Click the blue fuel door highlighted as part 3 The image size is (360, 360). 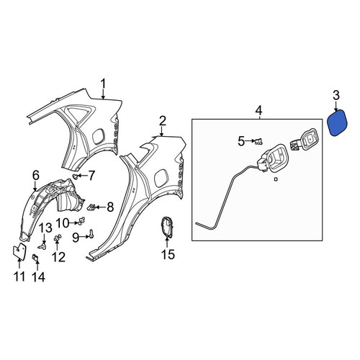[338, 123]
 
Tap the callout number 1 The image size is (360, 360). [103, 84]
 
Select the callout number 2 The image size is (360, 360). [163, 122]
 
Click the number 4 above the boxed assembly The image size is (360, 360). [258, 111]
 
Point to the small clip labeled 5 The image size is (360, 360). [258, 141]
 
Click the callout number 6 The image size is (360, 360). [35, 176]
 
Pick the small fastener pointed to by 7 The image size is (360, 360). [76, 177]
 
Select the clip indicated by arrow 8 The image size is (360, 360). [91, 207]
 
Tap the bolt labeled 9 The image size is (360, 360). [91, 233]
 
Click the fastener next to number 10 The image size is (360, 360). [81, 221]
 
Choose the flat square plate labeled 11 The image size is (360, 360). [19, 251]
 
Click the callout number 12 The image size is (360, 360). [58, 257]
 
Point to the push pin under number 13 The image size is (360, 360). [42, 246]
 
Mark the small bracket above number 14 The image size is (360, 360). [36, 258]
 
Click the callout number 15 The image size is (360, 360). [168, 255]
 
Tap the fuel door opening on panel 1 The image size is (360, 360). [98, 137]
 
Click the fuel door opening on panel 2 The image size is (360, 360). [161, 178]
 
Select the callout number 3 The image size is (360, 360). [336, 95]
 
